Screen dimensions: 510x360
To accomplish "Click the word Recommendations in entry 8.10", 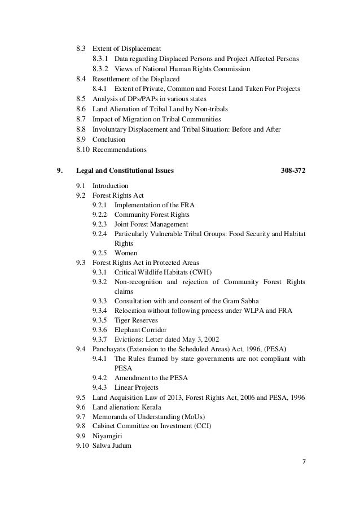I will point(119,150).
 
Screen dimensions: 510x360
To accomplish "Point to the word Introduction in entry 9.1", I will point(111,185).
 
